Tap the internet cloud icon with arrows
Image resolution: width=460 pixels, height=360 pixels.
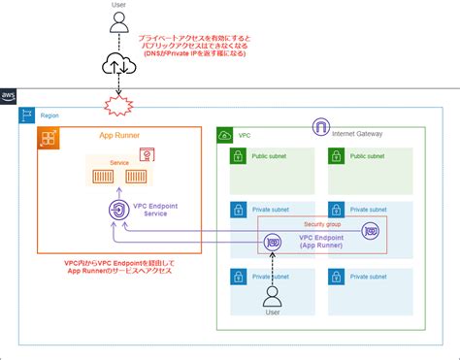click(x=115, y=65)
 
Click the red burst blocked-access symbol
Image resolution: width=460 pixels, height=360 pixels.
click(x=115, y=104)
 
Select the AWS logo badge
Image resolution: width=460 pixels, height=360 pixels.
click(x=9, y=95)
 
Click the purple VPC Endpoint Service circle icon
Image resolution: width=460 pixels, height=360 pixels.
click(x=115, y=211)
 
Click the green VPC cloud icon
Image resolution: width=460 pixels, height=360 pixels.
click(x=226, y=136)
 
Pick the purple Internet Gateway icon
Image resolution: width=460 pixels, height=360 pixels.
click(x=320, y=126)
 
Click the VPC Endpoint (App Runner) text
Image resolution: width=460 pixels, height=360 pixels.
click(x=319, y=241)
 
